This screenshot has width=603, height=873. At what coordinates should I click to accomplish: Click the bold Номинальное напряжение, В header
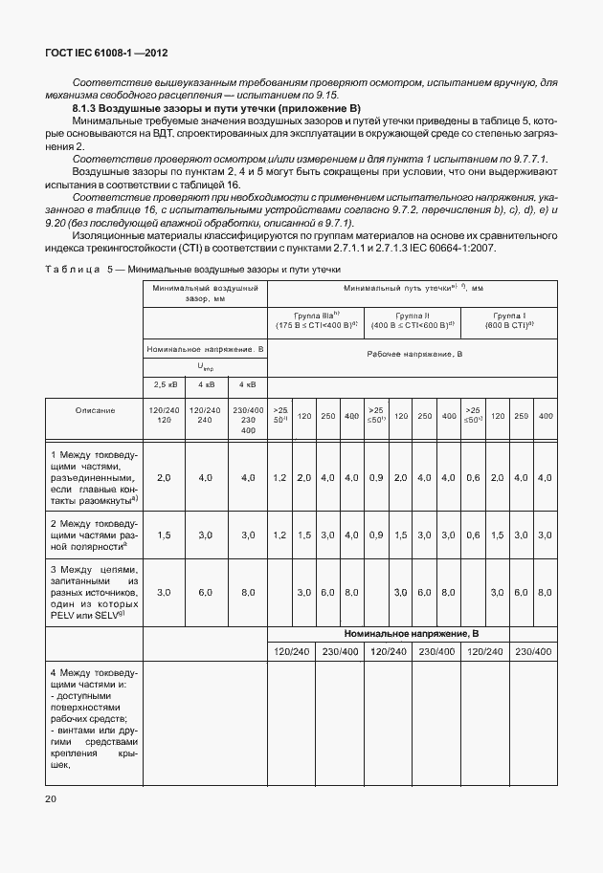click(411, 634)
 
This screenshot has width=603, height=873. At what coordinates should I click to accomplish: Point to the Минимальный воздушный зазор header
click(204, 292)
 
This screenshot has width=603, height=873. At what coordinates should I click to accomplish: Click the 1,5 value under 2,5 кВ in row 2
click(163, 535)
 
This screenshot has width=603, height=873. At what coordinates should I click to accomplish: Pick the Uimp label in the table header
click(205, 365)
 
